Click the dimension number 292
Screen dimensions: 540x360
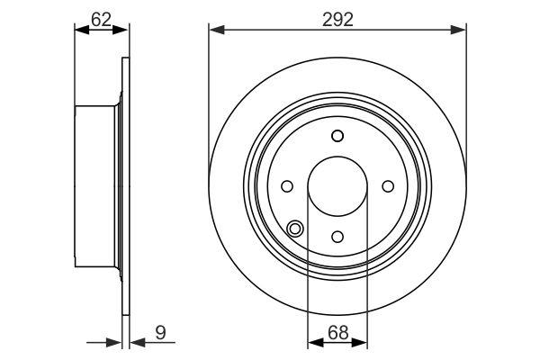[337, 19]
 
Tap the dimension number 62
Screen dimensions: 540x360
[101, 19]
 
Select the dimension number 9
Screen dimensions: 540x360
[160, 332]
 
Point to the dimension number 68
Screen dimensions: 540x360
[337, 332]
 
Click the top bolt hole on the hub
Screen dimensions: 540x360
[337, 136]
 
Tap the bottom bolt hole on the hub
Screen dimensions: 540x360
[337, 237]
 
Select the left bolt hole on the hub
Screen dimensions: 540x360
[287, 186]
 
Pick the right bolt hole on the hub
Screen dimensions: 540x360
[388, 186]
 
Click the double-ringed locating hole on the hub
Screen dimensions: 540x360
[295, 229]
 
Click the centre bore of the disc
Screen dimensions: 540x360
[337, 186]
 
